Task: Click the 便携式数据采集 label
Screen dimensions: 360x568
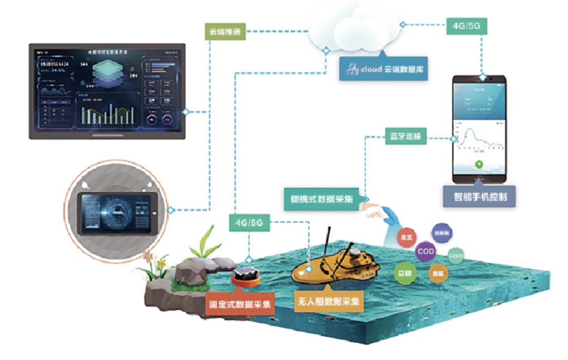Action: [x=322, y=199]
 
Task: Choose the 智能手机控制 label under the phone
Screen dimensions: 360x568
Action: [x=478, y=197]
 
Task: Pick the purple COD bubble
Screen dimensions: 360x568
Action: [x=425, y=252]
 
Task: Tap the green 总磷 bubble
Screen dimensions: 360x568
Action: [x=404, y=273]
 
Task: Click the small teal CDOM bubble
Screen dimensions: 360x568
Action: [x=455, y=256]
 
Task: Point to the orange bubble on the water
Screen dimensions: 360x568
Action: [x=437, y=274]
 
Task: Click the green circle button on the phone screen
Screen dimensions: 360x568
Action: [x=479, y=164]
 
